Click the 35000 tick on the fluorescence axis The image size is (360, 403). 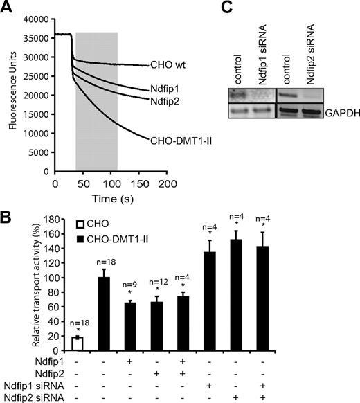(x=39, y=34)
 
